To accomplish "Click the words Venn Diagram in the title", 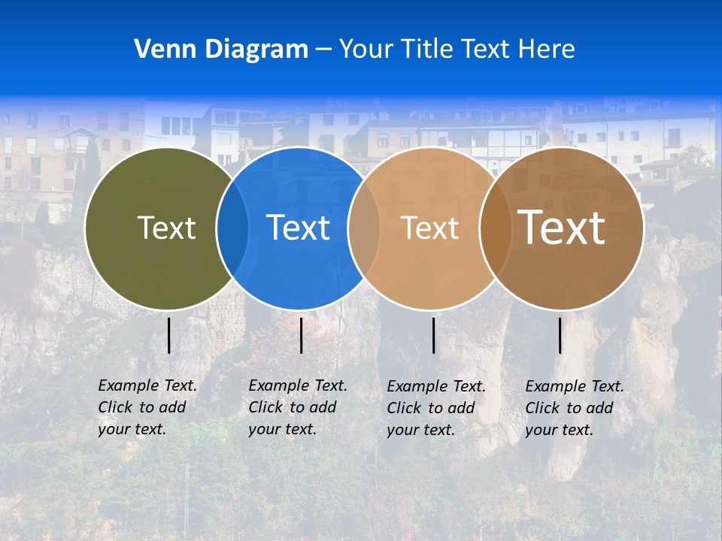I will click(221, 49).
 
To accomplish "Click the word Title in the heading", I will click(424, 49).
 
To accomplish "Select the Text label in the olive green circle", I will click(166, 228).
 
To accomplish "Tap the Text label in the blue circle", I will click(298, 228).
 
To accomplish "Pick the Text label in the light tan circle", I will click(429, 228).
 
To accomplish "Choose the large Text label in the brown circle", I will click(562, 227).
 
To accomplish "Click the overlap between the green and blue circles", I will click(232, 228).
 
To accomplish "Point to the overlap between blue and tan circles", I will click(364, 228).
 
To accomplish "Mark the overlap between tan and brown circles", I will click(495, 228).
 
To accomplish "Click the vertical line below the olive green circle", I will click(169, 335).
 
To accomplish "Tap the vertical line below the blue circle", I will click(301, 335).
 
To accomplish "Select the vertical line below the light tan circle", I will click(433, 335).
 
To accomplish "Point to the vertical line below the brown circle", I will click(560, 335).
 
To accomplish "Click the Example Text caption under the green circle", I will click(147, 407).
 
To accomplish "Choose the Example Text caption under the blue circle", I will click(297, 407).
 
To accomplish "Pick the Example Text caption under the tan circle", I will click(435, 408).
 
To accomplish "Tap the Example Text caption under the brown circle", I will click(574, 408).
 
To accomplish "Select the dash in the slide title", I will click(323, 50).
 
